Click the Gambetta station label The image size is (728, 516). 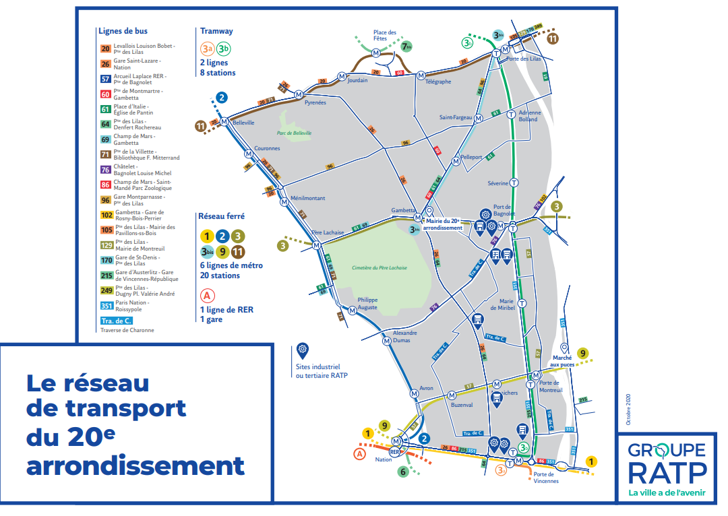pyautogui.click(x=404, y=210)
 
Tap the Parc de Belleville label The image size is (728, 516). pyautogui.click(x=295, y=133)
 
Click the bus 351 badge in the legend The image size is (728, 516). pyautogui.click(x=106, y=306)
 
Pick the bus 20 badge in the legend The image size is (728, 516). pyautogui.click(x=106, y=49)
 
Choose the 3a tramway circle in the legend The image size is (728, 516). pyautogui.click(x=208, y=49)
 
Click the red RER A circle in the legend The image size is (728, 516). pyautogui.click(x=207, y=296)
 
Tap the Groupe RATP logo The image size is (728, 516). pyautogui.click(x=667, y=465)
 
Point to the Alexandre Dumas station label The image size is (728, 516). pyautogui.click(x=404, y=337)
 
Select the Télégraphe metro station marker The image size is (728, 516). pyautogui.click(x=419, y=75)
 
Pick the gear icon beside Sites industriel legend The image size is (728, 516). pyautogui.click(x=301, y=350)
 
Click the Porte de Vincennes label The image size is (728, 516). pyautogui.click(x=545, y=478)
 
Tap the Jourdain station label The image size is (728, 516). pyautogui.click(x=357, y=80)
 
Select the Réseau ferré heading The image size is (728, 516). pyautogui.click(x=221, y=217)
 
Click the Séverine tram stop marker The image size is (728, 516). pyautogui.click(x=514, y=182)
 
